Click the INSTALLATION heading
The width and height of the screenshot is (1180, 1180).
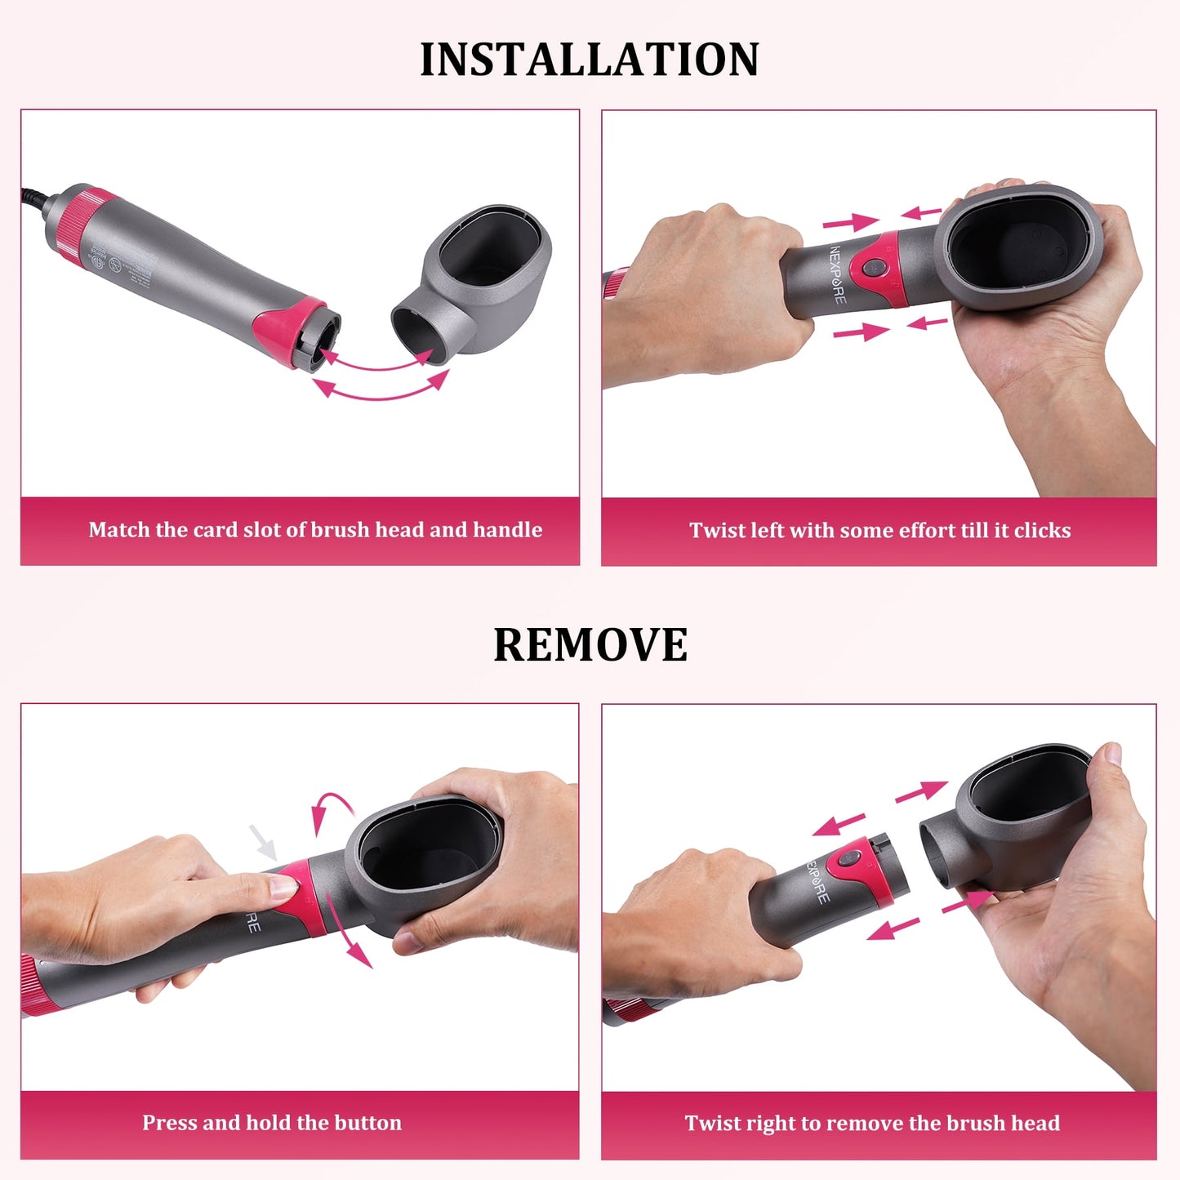[x=589, y=60]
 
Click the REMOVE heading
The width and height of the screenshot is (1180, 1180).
[x=590, y=645]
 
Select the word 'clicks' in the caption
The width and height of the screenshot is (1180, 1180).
[x=1042, y=531]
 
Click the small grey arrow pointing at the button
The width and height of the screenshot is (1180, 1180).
[x=263, y=842]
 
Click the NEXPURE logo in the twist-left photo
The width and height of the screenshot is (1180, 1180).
[x=838, y=274]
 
